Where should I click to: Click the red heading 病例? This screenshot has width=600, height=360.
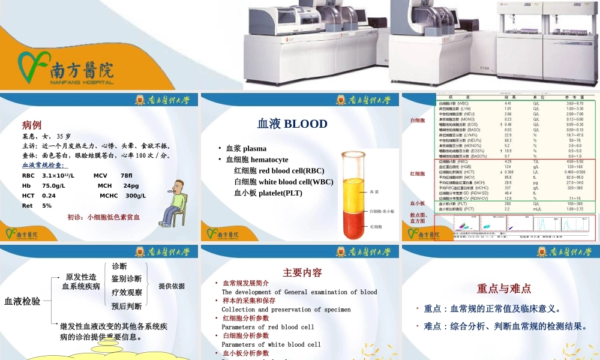[32, 125]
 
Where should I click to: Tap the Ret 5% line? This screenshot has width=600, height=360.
[37, 206]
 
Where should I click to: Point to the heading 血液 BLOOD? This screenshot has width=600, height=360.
[292, 124]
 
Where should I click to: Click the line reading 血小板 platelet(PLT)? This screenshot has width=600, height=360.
[268, 193]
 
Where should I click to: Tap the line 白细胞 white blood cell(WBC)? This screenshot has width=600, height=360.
[283, 182]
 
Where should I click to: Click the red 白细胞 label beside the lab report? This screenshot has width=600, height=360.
[417, 121]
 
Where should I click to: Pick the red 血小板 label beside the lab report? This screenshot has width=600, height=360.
[417, 203]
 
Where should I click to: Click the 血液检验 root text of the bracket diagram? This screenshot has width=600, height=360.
[22, 301]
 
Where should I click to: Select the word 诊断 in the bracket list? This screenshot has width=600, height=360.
[119, 266]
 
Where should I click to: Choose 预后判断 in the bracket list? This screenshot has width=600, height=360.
[127, 306]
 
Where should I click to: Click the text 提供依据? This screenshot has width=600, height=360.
[172, 286]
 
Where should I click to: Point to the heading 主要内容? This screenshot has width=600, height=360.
[302, 272]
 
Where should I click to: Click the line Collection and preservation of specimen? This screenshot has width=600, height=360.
[286, 310]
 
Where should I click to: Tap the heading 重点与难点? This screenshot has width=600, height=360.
[503, 289]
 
